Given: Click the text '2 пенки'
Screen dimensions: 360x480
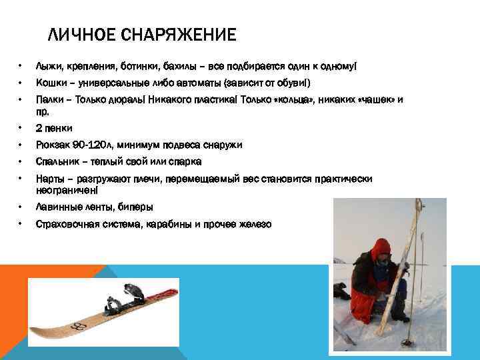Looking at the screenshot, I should (x=54, y=128).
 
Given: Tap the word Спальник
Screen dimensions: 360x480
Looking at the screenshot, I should (x=57, y=161).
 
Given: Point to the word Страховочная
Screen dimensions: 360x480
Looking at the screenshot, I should (x=71, y=224).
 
